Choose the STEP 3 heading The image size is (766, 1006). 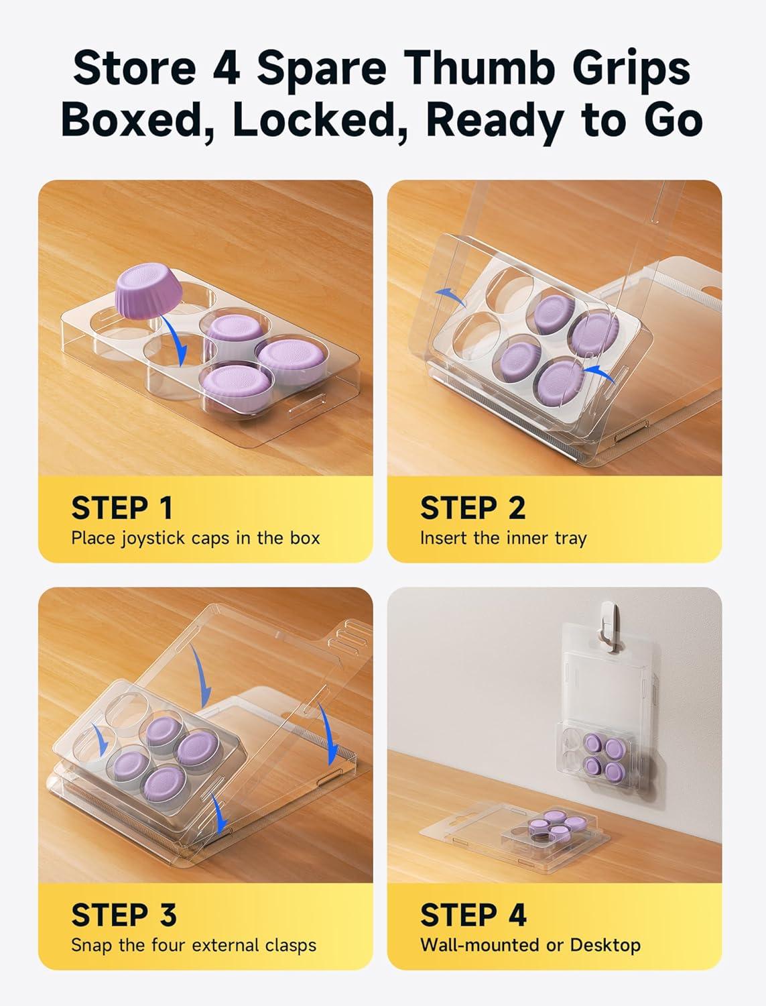coord(123,915)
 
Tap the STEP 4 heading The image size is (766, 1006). coord(473,915)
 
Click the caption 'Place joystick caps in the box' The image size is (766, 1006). coord(196,539)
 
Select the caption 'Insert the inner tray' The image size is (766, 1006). coord(503,539)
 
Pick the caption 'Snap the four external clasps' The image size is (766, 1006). coord(194,945)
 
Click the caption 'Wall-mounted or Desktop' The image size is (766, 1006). coord(530,945)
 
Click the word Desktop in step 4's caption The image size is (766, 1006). coord(605,945)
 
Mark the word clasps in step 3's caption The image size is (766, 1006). coord(289,945)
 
